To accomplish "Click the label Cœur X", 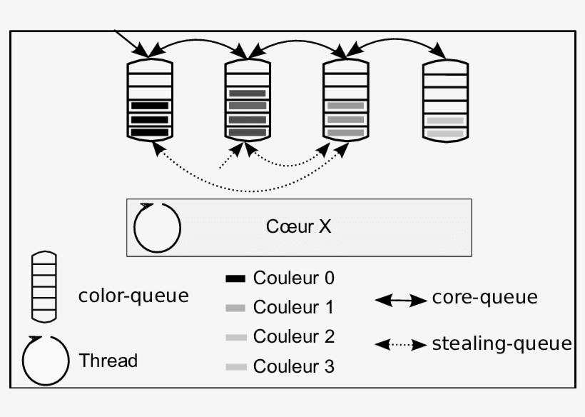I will point(298,227).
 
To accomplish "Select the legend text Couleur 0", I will point(293,278).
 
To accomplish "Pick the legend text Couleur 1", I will point(293,308).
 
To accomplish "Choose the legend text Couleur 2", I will point(293,336).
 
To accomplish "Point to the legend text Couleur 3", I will point(293,367).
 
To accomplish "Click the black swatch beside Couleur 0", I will point(235,278).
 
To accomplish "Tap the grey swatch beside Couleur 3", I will point(235,367).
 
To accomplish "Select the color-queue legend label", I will point(133,296).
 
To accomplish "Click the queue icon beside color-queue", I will point(44,286).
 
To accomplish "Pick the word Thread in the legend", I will point(108,361).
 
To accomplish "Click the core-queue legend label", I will point(484,298).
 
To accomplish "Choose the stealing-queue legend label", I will point(502,344).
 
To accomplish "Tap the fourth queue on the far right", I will point(445,99).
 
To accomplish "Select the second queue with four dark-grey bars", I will point(248,99).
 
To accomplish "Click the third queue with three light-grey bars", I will point(345,99).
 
